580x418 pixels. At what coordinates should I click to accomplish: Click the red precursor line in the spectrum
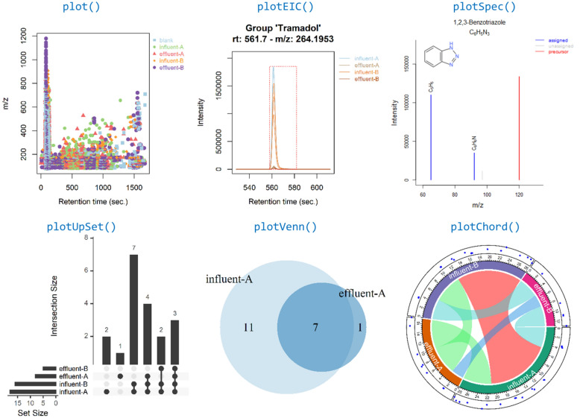pyautogui.click(x=519, y=127)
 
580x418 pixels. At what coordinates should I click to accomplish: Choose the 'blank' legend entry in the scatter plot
pyautogui.click(x=164, y=39)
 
